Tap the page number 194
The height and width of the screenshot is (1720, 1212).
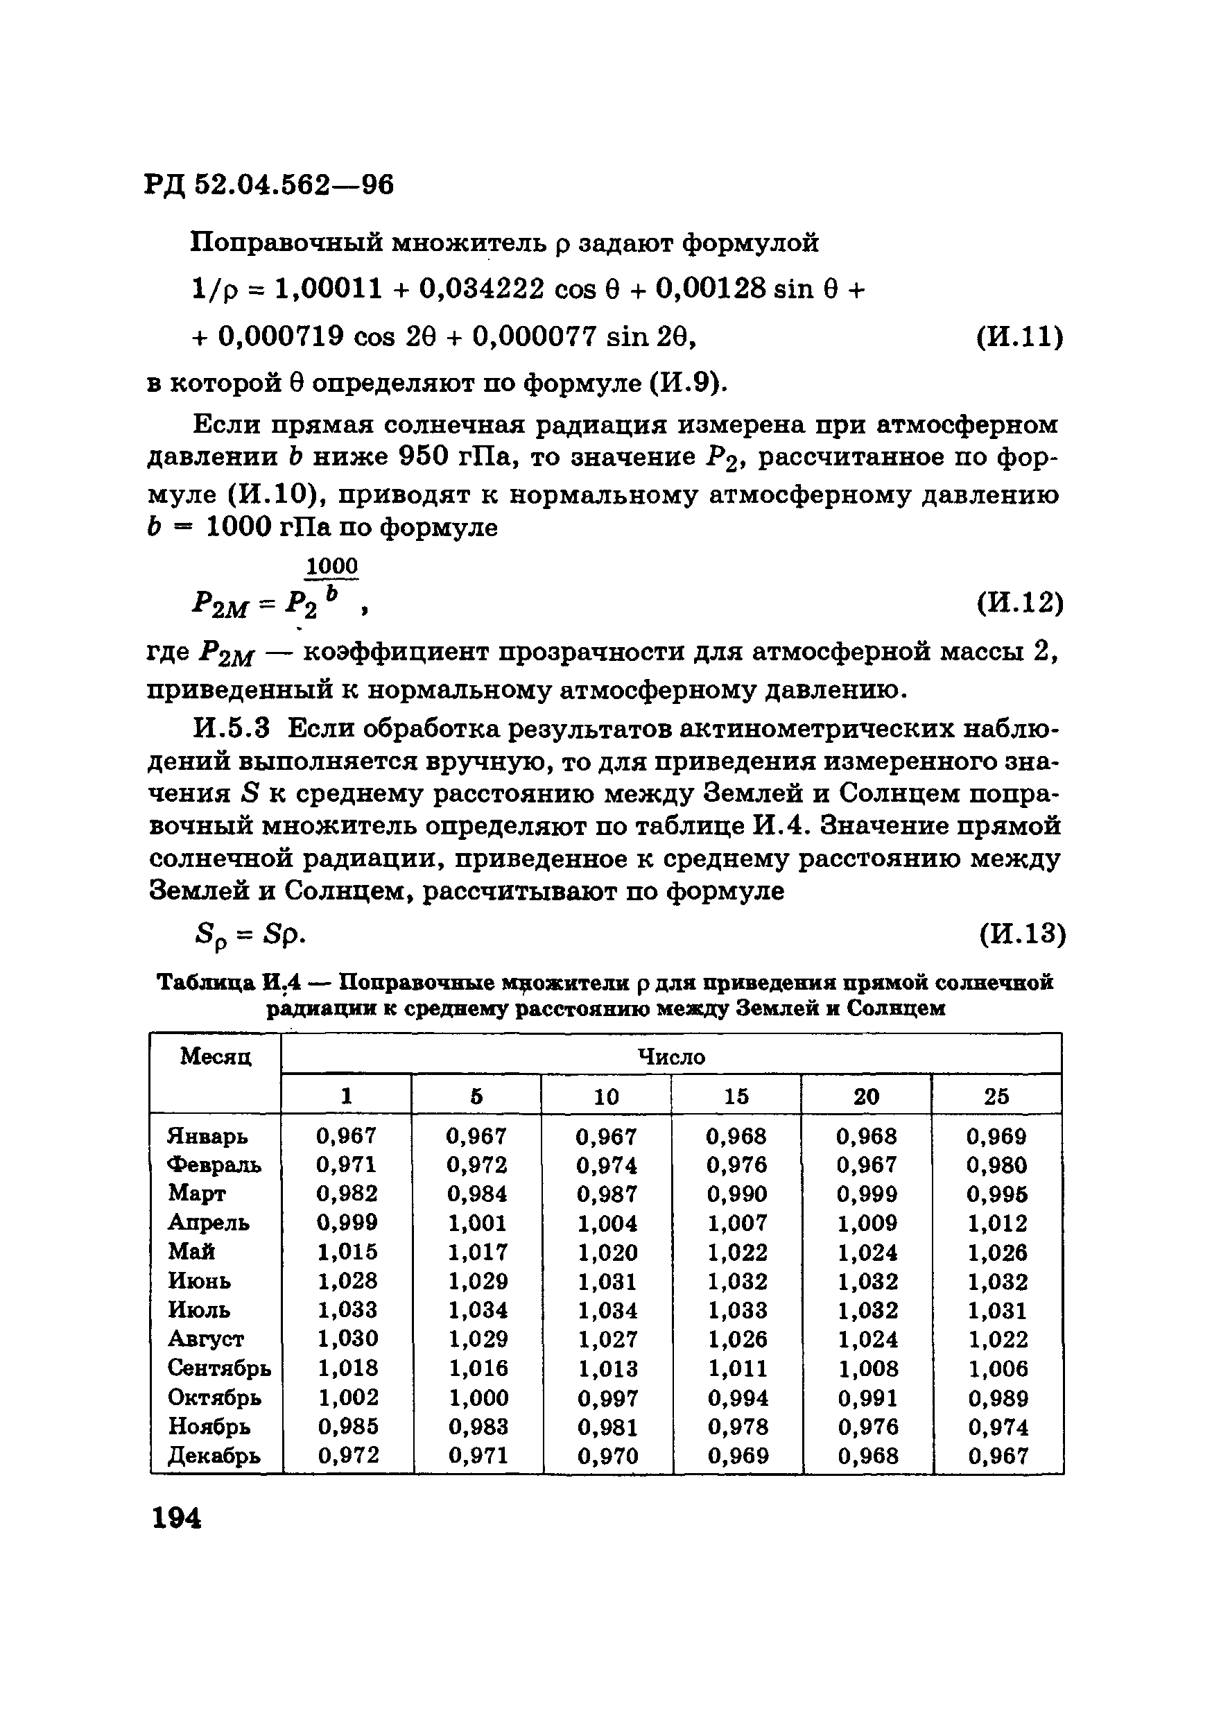(177, 1517)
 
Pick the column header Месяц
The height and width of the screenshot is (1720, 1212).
(216, 1057)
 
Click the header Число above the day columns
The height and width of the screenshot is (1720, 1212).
(671, 1057)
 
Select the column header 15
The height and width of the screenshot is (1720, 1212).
(736, 1096)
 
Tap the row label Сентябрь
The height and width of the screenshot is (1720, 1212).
(218, 1368)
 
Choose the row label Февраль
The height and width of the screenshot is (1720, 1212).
(214, 1165)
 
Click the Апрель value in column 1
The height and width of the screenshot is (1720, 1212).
(347, 1223)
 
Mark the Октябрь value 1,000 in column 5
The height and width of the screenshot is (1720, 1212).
(478, 1397)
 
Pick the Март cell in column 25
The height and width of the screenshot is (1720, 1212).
(996, 1194)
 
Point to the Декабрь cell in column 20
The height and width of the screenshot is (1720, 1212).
(867, 1456)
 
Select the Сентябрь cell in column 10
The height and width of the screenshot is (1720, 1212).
(607, 1368)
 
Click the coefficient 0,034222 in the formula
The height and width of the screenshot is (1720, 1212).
(481, 289)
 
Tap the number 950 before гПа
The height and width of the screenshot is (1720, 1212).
(422, 456)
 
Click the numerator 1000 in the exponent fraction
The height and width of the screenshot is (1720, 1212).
(332, 566)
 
